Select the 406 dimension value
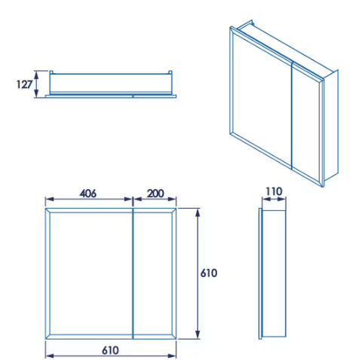88,193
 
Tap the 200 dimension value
155,193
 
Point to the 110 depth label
274,192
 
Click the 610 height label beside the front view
209,273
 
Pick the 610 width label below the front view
111,350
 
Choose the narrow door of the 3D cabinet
305,124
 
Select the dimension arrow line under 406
89,201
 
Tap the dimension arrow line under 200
155,201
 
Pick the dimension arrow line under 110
274,201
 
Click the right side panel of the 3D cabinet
330,128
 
